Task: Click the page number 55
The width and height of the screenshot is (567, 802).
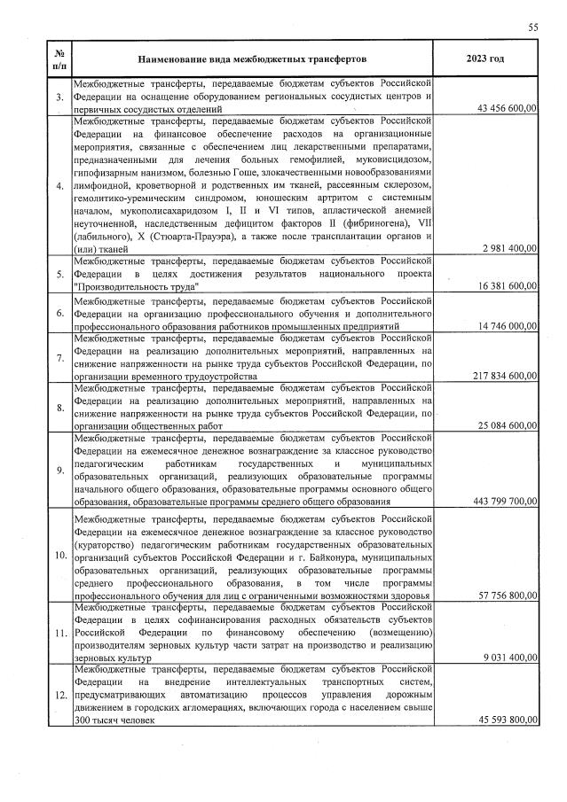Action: pyautogui.click(x=533, y=27)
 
